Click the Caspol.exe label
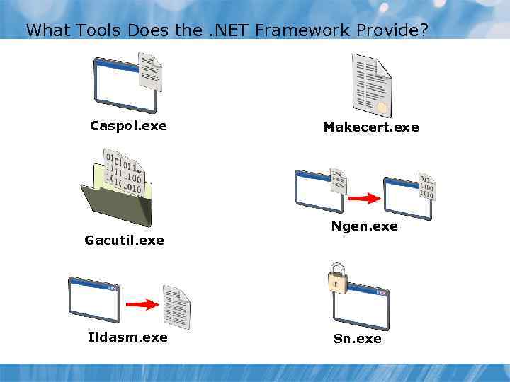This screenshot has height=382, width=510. [x=128, y=126]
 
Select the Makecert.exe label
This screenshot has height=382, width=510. [x=371, y=127]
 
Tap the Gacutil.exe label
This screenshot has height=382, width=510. [x=124, y=241]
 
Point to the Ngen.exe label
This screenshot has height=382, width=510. [x=364, y=226]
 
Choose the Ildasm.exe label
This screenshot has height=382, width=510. [x=127, y=337]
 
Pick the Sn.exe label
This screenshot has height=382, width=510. [x=357, y=339]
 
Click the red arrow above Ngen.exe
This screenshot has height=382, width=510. [x=364, y=199]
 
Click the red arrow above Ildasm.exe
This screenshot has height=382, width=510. [x=141, y=305]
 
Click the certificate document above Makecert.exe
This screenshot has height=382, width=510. [x=371, y=85]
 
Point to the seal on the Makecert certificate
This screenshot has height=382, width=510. [x=382, y=108]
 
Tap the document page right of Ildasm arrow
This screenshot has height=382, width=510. [x=176, y=305]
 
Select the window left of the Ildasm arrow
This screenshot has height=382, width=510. [x=94, y=299]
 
